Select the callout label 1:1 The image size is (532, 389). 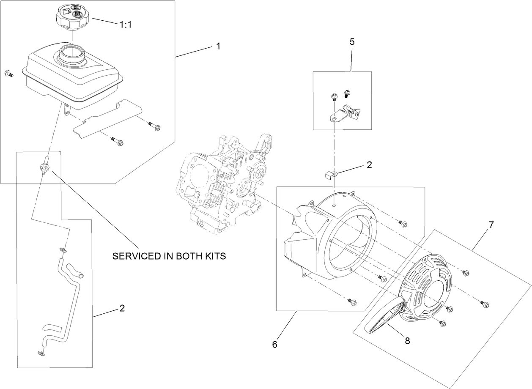126,25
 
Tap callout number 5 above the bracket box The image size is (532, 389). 352,42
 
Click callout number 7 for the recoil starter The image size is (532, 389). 491,225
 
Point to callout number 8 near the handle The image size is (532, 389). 407,341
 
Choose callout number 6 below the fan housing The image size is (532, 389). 274,345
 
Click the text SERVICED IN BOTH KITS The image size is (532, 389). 169,257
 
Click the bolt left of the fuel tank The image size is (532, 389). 8,74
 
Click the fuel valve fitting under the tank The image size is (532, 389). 44,166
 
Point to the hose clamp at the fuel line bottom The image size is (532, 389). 41,352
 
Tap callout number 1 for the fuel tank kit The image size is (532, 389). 218,47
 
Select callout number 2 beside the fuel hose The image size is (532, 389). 122,308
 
